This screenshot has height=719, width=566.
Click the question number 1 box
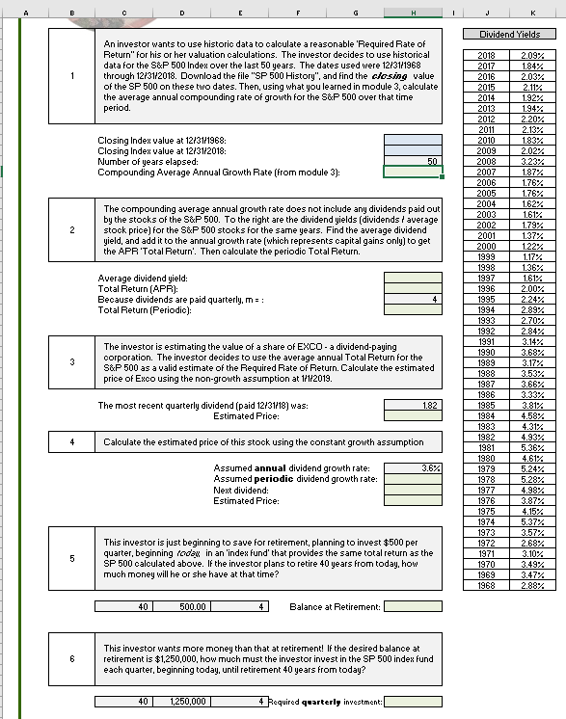72,77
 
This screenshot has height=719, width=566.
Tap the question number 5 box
72,556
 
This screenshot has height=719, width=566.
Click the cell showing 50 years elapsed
413,161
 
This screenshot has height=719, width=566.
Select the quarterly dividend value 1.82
413,406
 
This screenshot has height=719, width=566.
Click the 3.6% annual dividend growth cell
413,467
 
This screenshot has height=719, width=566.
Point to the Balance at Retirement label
335,607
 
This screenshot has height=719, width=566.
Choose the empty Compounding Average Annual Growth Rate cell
413,172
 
